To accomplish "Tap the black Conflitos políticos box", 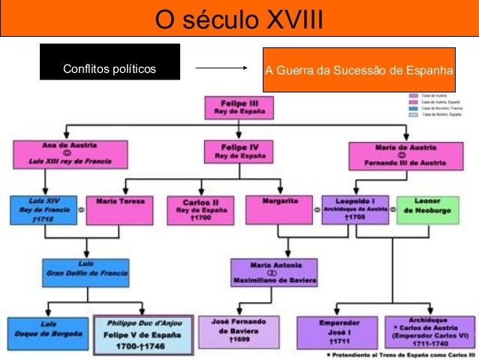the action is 110,69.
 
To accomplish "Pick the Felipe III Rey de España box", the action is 239,107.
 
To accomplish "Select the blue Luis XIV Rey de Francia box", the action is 43,210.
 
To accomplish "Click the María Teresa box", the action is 119,210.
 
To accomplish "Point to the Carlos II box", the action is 200,210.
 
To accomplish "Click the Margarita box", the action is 277,210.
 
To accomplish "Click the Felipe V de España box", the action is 143,331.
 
